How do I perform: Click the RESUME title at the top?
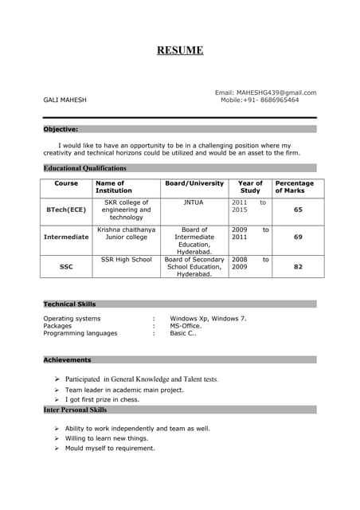[180, 51]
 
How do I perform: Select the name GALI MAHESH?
[65, 100]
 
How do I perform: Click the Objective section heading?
[61, 129]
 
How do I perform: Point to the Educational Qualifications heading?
[84, 168]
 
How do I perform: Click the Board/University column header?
[194, 183]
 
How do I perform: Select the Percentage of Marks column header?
[295, 187]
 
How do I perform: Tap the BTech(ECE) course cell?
[66, 210]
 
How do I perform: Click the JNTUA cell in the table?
[194, 202]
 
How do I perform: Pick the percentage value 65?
[298, 210]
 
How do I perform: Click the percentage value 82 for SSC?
[298, 267]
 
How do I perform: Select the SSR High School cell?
[126, 260]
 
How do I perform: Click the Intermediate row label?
[66, 237]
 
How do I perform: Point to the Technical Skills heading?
[69, 304]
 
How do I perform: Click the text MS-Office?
[186, 326]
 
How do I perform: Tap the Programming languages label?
[80, 333]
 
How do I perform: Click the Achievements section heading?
[67, 360]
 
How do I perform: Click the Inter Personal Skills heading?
[75, 410]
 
